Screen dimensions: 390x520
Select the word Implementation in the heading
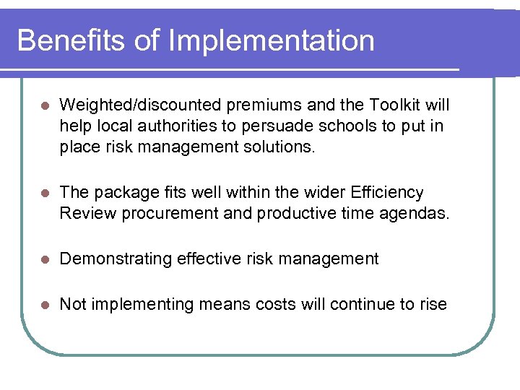(x=272, y=40)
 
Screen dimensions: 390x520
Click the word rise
(x=433, y=304)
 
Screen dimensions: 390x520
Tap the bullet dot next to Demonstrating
(x=45, y=259)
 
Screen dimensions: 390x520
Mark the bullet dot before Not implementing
(x=45, y=305)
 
